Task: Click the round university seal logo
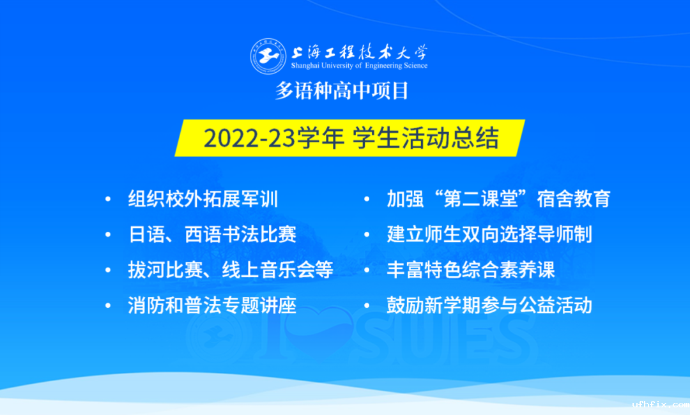[268, 56]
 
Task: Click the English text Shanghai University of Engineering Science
[359, 66]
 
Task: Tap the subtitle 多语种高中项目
[342, 91]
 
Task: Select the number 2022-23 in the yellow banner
[250, 138]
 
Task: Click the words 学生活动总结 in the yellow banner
[425, 138]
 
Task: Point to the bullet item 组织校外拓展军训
[203, 199]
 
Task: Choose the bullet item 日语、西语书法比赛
[212, 234]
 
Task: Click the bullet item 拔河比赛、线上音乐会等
[231, 269]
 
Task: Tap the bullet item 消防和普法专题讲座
[212, 305]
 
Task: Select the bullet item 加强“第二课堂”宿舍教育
[498, 199]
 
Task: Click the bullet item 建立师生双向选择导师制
[489, 234]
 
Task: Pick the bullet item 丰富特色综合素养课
[471, 269]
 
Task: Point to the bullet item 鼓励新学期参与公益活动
[489, 305]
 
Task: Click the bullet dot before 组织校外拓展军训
[108, 199]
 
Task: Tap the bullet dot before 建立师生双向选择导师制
[367, 235]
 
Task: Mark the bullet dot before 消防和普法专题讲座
[108, 306]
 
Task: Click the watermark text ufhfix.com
[661, 404]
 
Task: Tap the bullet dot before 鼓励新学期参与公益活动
[367, 306]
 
